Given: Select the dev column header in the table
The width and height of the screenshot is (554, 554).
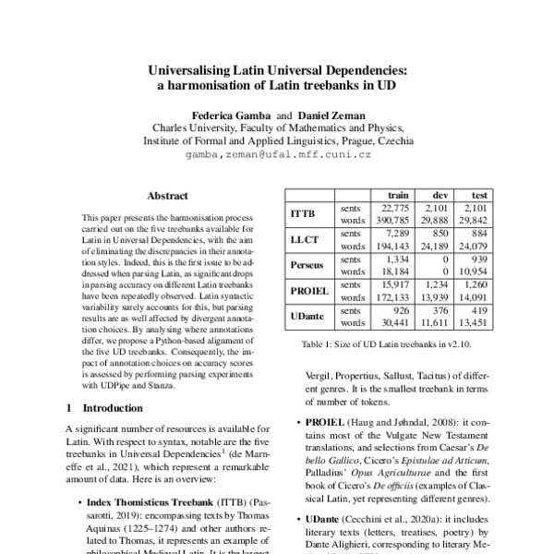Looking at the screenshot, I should (441, 196).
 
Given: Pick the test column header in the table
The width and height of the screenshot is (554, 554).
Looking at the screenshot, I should (480, 196).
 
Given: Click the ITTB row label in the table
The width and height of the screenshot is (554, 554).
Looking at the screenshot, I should (304, 214).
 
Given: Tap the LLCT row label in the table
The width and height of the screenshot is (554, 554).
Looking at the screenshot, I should (304, 240).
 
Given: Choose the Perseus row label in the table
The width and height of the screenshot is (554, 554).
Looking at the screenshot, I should (306, 266).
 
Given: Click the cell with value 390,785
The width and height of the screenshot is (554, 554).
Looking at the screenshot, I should (390, 222).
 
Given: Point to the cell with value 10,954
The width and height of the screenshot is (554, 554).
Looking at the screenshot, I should (475, 272).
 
